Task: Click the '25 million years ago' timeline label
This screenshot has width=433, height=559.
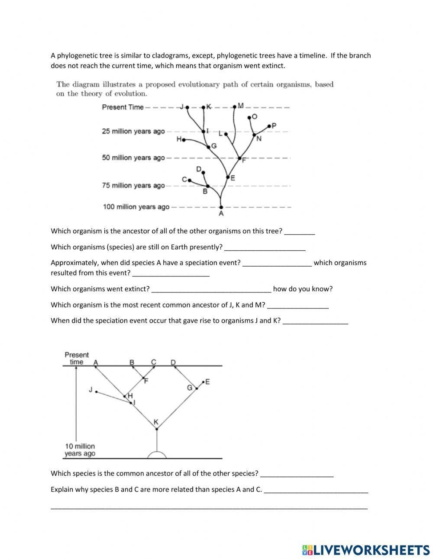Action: [x=133, y=131]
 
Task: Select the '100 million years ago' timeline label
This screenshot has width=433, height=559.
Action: [x=136, y=207]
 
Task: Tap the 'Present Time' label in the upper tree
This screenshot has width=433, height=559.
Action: [x=123, y=107]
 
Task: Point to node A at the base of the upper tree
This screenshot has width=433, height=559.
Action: [x=221, y=207]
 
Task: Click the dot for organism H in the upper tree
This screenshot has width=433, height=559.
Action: [x=184, y=140]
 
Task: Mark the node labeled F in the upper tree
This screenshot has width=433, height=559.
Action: [x=240, y=158]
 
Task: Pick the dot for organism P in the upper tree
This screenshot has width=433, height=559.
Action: [x=269, y=126]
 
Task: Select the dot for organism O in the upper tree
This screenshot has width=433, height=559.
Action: [x=249, y=117]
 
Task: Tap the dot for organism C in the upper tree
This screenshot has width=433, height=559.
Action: [x=189, y=179]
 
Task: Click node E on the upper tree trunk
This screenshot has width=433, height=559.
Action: [x=228, y=177]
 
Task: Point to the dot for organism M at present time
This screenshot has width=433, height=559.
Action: [x=235, y=106]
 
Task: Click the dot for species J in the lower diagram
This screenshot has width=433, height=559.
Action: [x=96, y=392]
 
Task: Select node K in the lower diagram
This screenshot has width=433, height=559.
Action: [x=157, y=429]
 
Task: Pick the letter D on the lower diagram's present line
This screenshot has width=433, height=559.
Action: [x=173, y=362]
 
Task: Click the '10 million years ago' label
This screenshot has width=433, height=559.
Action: [x=80, y=450]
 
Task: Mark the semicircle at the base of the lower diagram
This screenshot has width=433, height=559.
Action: [x=157, y=455]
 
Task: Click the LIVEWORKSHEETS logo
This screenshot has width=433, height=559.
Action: [x=366, y=549]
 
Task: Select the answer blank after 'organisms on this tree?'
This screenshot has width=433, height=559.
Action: [x=300, y=231]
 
